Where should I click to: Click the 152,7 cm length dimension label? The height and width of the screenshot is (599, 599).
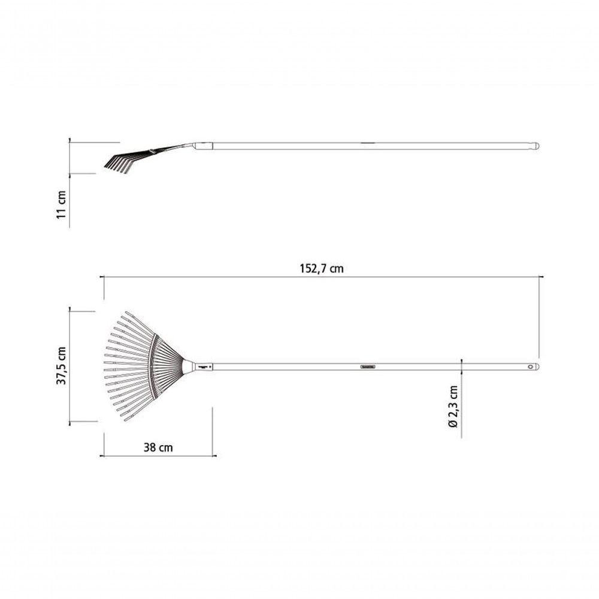(x=322, y=268)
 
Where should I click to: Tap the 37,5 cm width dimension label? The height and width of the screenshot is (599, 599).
(x=62, y=365)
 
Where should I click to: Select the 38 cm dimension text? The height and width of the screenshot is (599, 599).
(x=158, y=447)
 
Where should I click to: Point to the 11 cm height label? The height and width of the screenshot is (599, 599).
(x=62, y=204)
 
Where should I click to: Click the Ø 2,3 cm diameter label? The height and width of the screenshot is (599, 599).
(x=453, y=407)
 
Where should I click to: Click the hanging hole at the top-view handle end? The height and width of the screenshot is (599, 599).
(x=531, y=367)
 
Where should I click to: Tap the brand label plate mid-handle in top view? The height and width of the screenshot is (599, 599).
(x=368, y=367)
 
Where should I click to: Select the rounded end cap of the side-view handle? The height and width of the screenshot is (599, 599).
(x=536, y=146)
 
